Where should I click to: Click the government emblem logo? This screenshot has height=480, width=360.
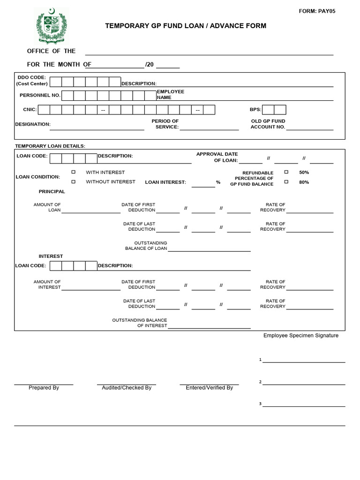51,25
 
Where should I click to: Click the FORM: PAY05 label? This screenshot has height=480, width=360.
317,11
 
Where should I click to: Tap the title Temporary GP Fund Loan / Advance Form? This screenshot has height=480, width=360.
186,26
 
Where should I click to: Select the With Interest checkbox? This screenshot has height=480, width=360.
73,172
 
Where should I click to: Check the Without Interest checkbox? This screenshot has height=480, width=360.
73,181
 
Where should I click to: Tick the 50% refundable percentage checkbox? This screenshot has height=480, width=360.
286,172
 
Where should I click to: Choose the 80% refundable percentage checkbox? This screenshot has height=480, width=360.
286,182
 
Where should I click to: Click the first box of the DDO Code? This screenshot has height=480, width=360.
56,82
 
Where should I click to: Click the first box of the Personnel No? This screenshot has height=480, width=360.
67,96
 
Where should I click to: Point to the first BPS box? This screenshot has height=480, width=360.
268,110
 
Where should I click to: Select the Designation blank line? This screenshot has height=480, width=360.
97,128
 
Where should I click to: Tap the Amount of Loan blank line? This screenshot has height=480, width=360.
90,211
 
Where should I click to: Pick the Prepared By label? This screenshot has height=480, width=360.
44,388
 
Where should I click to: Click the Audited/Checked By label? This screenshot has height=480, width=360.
127,388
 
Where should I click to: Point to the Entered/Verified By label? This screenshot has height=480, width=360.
209,388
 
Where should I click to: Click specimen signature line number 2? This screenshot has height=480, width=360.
304,383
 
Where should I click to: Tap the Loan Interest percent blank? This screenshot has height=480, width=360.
203,185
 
